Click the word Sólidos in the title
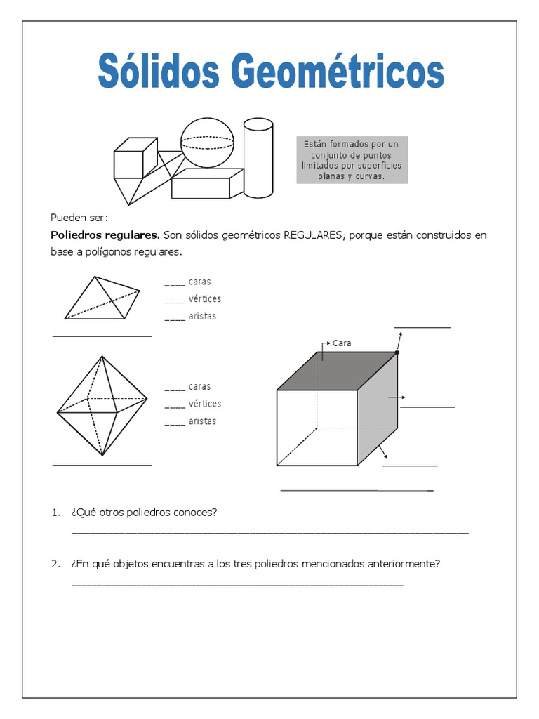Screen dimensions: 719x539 154,73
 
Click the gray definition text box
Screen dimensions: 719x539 352,160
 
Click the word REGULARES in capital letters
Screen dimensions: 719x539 312,235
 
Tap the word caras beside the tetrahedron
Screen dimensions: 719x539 200,282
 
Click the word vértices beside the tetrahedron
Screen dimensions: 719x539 204,299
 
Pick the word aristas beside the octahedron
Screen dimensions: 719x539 202,421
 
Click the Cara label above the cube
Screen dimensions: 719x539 342,343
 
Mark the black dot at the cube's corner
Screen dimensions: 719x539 397,352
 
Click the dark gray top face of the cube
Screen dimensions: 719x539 337,371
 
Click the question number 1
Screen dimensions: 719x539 55,513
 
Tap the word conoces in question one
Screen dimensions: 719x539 197,513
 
